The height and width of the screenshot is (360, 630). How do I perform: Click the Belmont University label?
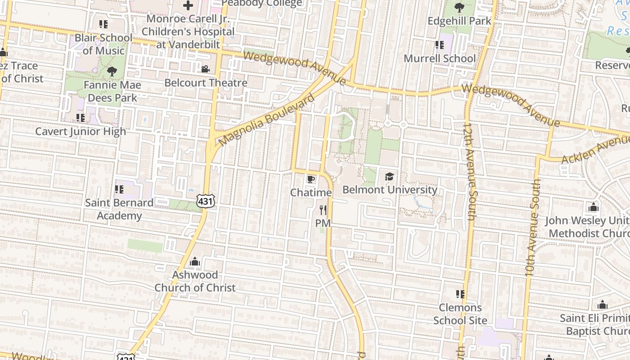(x=390, y=189)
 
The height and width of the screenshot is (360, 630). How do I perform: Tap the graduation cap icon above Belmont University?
(x=389, y=176)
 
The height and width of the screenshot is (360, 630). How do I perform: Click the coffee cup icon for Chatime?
(x=310, y=180)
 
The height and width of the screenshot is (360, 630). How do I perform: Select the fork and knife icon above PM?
(x=323, y=210)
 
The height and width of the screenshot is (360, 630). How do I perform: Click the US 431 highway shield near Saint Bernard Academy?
(x=205, y=201)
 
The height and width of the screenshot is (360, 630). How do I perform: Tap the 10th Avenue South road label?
(x=532, y=227)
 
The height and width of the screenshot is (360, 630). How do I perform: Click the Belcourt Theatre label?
(x=206, y=83)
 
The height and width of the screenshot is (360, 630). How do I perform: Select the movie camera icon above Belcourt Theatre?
(x=205, y=69)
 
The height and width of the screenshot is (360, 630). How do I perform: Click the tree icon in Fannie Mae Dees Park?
(x=112, y=71)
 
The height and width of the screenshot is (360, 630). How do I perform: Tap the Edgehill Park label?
(x=459, y=21)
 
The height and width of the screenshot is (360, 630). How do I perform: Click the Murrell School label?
(x=439, y=58)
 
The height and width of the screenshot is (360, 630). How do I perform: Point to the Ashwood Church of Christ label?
(x=195, y=281)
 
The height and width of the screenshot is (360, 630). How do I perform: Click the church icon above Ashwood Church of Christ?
(x=194, y=261)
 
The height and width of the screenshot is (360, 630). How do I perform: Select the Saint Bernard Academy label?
(x=119, y=209)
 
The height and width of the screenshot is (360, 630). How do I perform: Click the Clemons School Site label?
(x=460, y=314)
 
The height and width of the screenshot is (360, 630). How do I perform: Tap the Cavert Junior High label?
(x=81, y=131)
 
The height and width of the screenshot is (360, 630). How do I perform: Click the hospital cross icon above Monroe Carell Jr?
(x=188, y=6)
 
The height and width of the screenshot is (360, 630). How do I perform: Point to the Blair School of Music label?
(x=103, y=44)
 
